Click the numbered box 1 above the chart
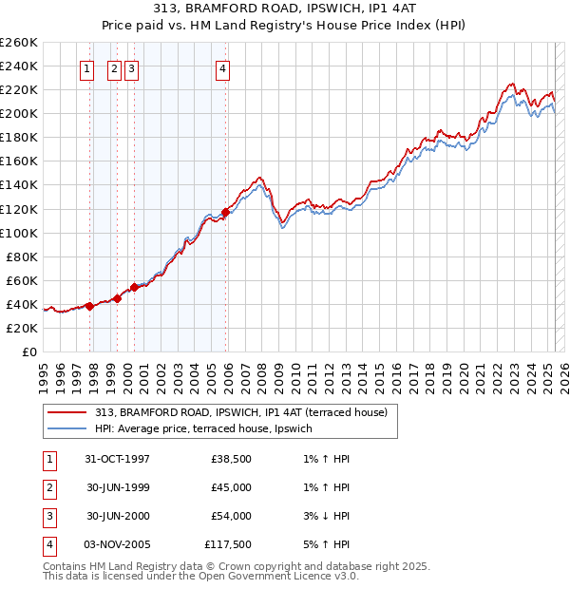coord(86,67)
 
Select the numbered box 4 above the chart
coord(222,67)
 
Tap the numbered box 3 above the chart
coord(130,67)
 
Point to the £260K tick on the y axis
coord(19,43)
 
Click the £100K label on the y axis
coord(19,233)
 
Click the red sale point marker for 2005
coord(226,212)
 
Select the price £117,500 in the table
coord(228,544)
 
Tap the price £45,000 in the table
coord(231,488)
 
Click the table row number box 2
coord(48,488)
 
